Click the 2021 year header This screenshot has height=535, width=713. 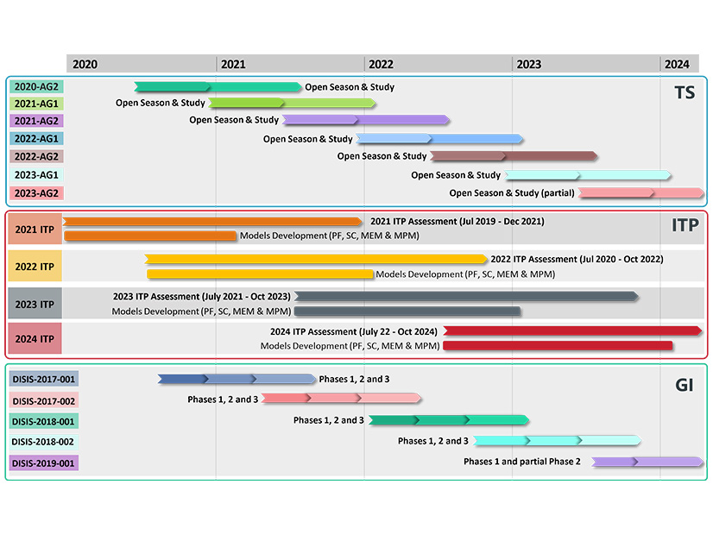233,64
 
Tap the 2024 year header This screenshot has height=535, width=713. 677,64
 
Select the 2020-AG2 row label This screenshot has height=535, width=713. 36,86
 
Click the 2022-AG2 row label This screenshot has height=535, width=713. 36,156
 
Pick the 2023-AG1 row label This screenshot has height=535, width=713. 36,175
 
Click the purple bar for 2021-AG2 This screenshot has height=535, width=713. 366,120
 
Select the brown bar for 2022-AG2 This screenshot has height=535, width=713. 514,156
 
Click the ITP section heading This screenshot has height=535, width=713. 685,225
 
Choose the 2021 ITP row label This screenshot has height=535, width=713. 35,229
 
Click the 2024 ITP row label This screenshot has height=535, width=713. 35,339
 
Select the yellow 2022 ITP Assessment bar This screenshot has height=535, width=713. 316,259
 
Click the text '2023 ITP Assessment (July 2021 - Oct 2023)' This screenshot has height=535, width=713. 201,296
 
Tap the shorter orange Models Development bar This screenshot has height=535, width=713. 150,236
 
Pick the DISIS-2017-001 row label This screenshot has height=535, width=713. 44,379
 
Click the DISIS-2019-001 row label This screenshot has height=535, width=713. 44,463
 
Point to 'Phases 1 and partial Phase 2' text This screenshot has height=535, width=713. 522,462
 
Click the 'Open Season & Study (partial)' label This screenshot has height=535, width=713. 512,193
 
